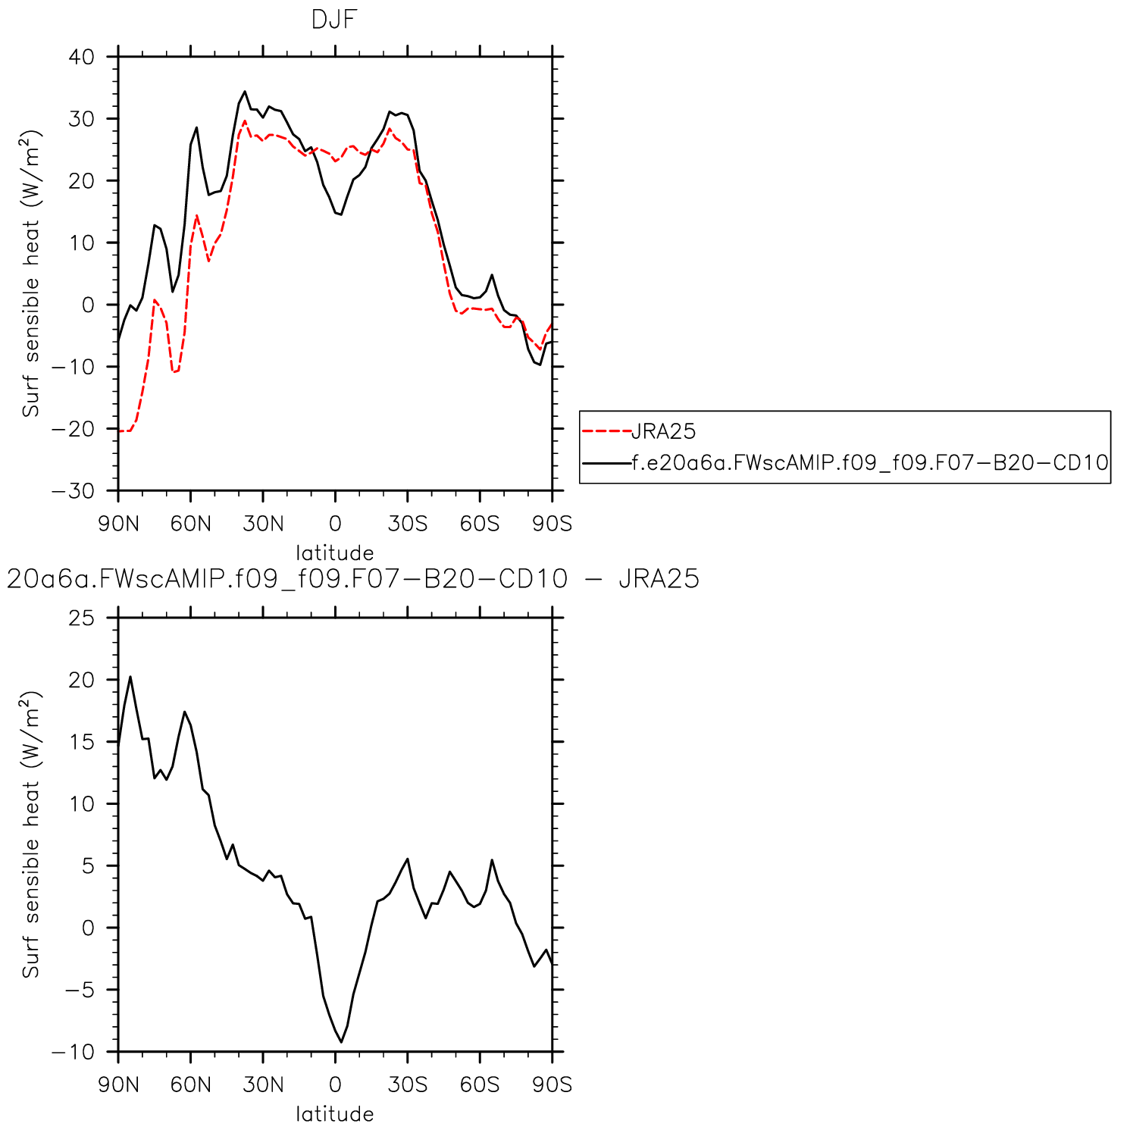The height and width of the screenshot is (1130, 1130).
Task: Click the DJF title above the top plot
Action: [x=333, y=20]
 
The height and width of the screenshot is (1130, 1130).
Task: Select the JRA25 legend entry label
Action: [x=663, y=432]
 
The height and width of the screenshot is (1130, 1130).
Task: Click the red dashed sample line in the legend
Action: [x=606, y=432]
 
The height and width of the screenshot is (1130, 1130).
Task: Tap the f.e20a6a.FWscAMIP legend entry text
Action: [x=870, y=462]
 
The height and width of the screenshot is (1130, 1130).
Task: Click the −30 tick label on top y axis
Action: [x=74, y=491]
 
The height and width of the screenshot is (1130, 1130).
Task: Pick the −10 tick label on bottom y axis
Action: [x=74, y=1052]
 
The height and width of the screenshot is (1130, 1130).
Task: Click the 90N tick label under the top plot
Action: [x=118, y=524]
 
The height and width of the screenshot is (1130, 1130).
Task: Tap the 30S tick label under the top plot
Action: [x=408, y=524]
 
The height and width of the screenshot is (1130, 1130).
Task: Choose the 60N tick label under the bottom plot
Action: [x=190, y=1085]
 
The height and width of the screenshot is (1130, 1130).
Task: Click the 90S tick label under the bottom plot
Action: [x=552, y=1085]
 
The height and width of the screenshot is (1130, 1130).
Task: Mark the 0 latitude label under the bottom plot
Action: [x=335, y=1085]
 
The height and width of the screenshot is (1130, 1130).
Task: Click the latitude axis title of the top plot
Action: [x=334, y=552]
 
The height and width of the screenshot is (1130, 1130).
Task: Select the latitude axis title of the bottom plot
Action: [x=334, y=1114]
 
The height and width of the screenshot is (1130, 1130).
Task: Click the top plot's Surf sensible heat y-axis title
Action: [x=31, y=274]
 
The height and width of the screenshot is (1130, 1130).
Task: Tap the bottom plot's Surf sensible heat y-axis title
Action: [x=31, y=834]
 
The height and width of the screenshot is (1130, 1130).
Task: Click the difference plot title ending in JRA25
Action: [x=352, y=579]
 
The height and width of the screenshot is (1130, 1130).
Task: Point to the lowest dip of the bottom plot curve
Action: [x=341, y=1042]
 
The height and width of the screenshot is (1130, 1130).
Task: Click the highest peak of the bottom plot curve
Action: [x=130, y=677]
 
